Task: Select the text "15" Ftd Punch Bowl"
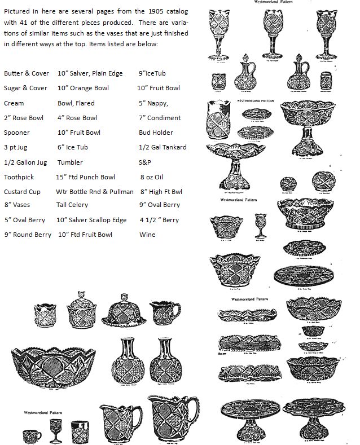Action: pyautogui.click(x=86, y=177)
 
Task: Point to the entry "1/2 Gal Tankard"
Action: pyautogui.click(x=163, y=148)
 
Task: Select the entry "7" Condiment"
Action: pyautogui.click(x=160, y=118)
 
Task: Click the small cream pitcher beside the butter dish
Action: pyautogui.click(x=165, y=309)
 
